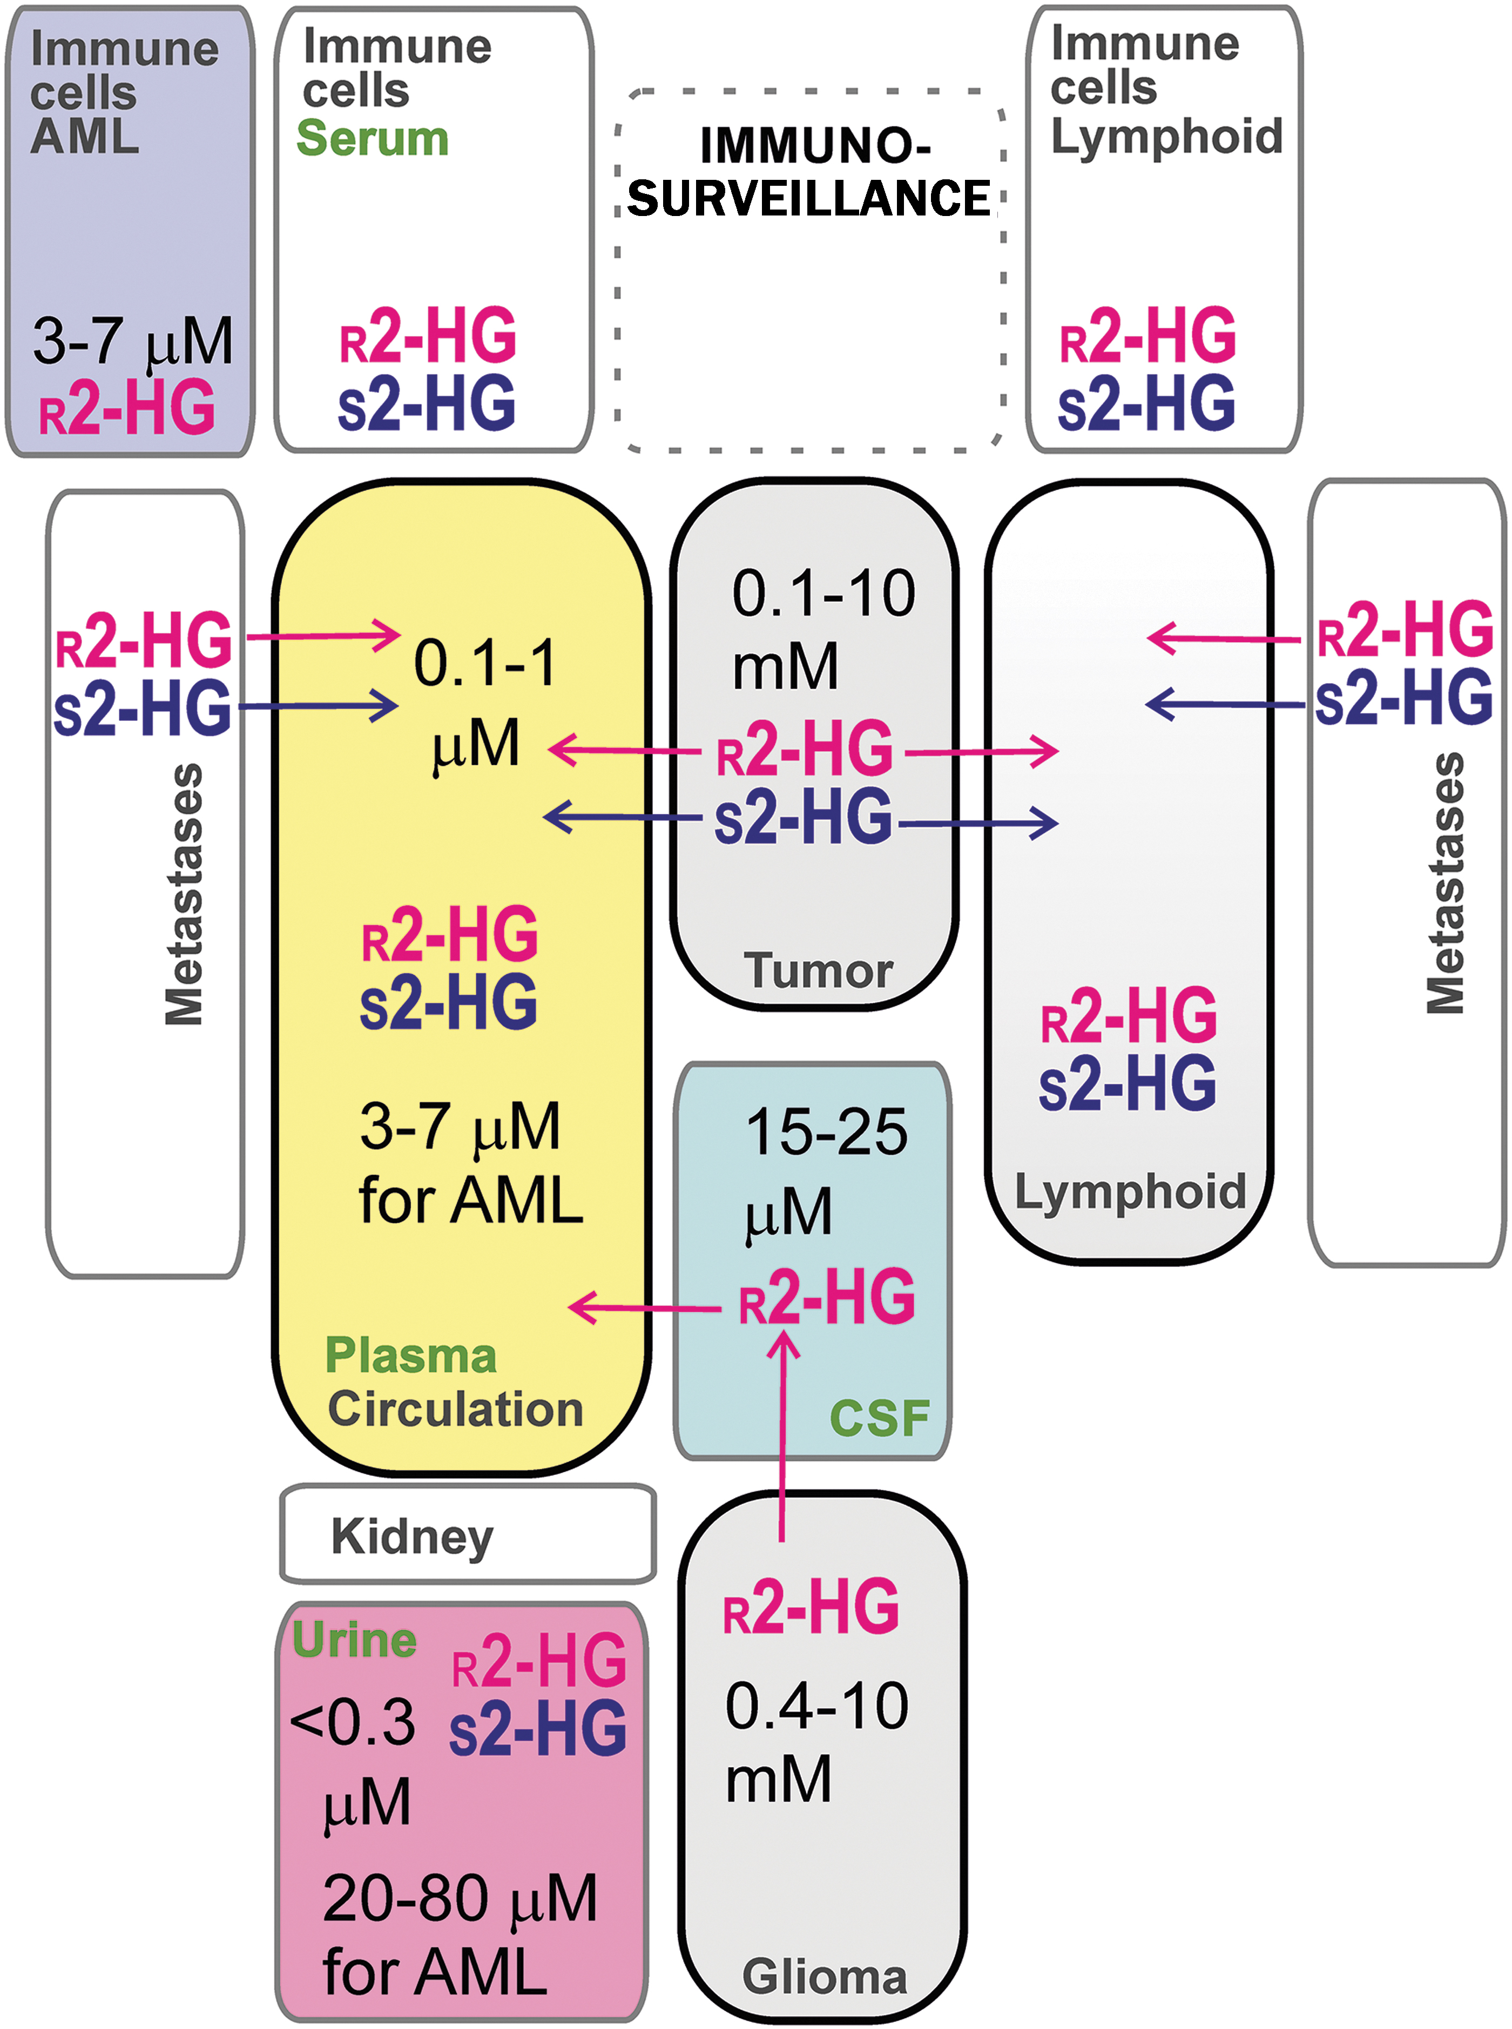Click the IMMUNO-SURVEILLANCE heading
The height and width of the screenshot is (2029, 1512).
(x=809, y=172)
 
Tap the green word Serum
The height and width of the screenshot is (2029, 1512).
(x=373, y=138)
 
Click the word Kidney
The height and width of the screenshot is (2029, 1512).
(x=412, y=1536)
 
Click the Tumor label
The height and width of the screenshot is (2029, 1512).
(x=818, y=970)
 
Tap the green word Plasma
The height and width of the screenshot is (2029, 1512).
(x=411, y=1356)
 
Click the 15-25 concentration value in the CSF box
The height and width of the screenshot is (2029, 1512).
(x=827, y=1132)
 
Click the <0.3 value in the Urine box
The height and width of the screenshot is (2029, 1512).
(x=353, y=1722)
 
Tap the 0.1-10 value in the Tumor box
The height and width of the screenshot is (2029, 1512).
(x=823, y=593)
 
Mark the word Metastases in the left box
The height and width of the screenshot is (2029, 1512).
(x=184, y=894)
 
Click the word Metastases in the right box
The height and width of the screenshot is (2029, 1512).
(x=1446, y=883)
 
